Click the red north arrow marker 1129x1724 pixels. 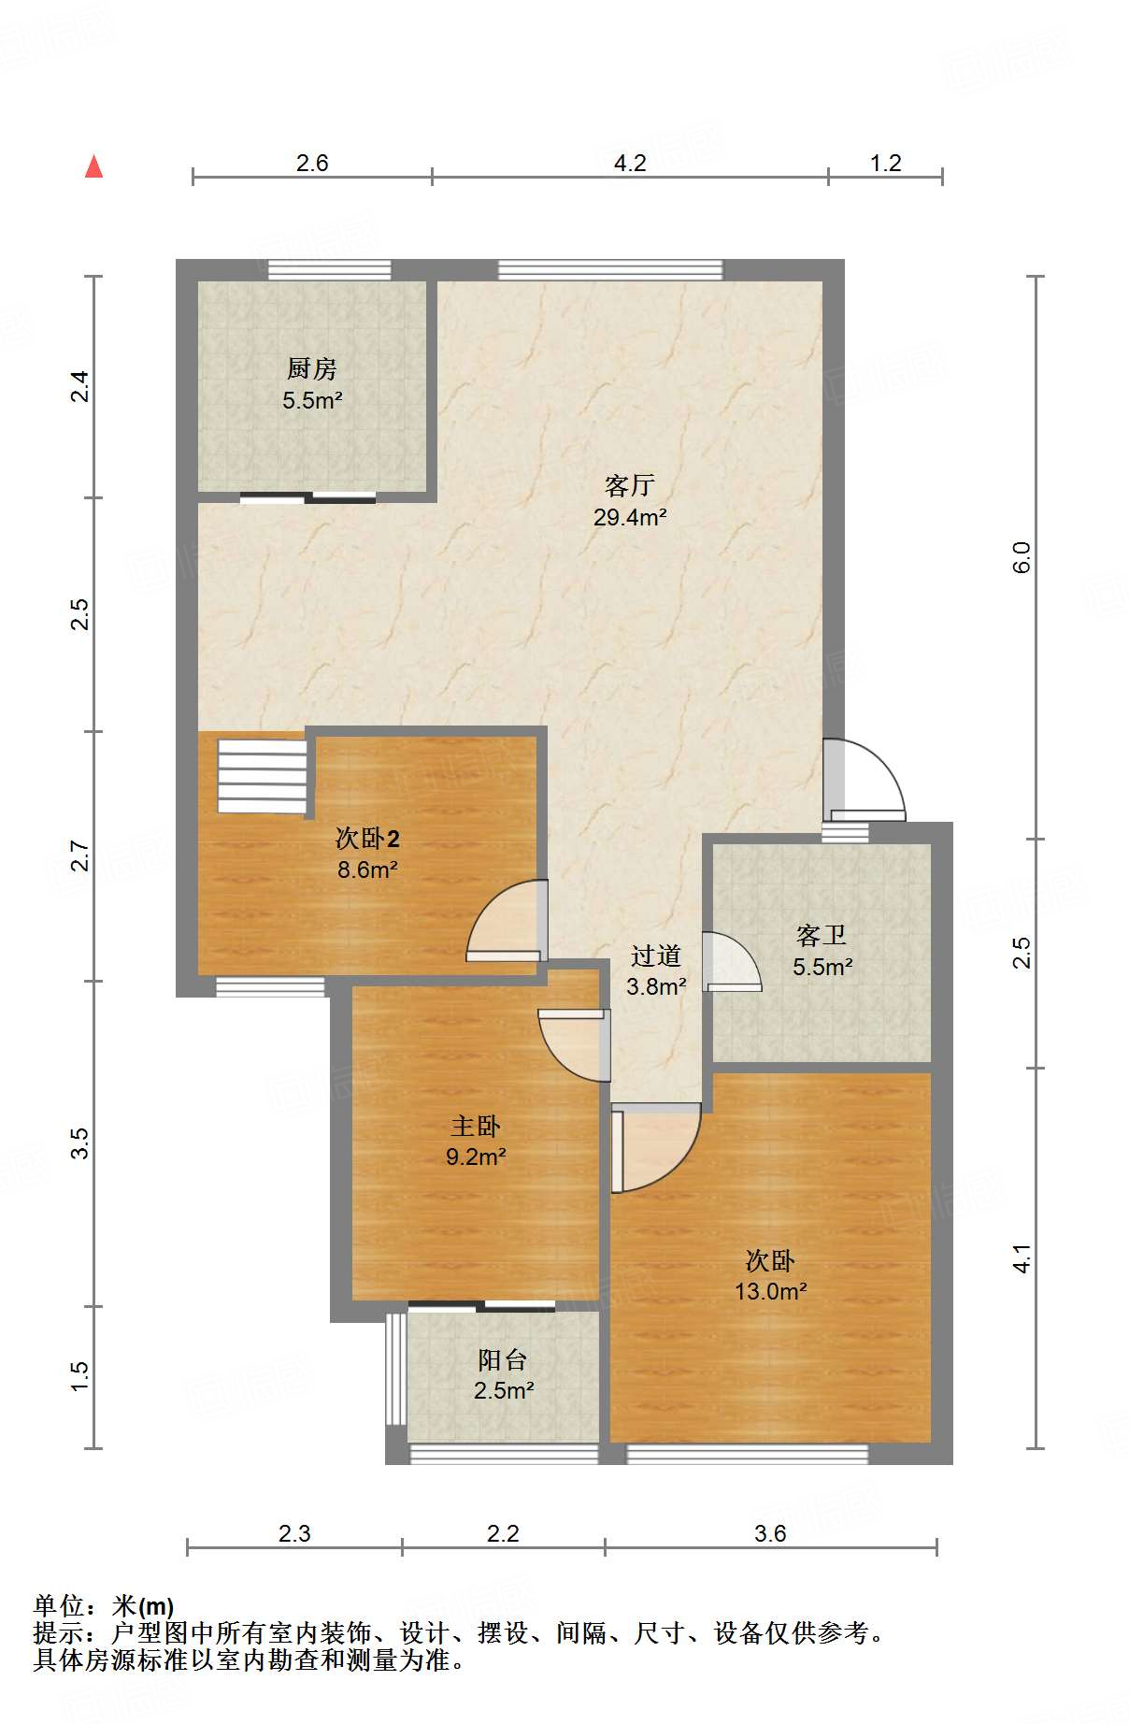93,166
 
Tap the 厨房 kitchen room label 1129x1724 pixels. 312,368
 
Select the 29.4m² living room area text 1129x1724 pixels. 630,517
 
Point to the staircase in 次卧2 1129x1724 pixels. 263,776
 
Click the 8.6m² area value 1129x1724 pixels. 368,869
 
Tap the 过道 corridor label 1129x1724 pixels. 656,955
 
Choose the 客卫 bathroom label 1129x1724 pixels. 822,935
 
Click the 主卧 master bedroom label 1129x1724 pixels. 476,1126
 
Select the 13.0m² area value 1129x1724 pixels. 771,1291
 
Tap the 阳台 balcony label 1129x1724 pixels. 503,1359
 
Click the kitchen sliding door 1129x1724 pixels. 308,498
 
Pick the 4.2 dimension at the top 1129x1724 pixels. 630,164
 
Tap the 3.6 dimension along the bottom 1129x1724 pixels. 770,1533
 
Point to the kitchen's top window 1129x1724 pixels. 330,270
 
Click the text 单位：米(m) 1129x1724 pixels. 104,1606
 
